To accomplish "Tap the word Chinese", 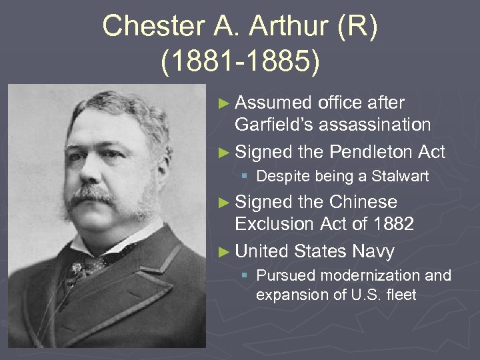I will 363,202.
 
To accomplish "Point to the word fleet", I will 401,295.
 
